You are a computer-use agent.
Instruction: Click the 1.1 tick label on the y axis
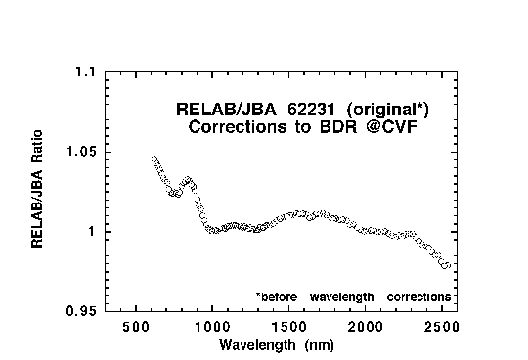pos(85,71)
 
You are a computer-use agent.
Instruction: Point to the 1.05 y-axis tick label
pos(81,152)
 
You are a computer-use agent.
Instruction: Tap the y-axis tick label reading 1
pos(92,232)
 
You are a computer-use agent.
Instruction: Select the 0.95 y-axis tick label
pos(81,311)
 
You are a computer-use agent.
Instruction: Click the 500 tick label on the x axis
pos(136,327)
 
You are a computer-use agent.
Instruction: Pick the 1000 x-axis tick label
pos(212,327)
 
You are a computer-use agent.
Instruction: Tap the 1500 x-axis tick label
pos(289,327)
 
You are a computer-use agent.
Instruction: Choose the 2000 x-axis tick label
pos(366,327)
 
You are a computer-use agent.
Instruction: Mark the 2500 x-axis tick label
pos(442,327)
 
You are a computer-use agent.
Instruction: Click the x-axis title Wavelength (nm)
pos(277,345)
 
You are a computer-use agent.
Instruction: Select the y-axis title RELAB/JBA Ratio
pos(37,189)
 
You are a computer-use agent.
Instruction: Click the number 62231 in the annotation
pos(312,110)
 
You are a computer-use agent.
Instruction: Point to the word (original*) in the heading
pos(387,110)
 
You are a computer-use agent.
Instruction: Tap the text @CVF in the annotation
pos(392,127)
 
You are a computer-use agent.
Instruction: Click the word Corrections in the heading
pos(238,127)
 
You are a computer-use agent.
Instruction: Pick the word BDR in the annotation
pos(337,127)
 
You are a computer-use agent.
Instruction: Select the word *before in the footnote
pos(277,297)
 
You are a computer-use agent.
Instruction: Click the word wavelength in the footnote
pos(342,297)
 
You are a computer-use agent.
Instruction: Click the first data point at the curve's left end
pos(154,158)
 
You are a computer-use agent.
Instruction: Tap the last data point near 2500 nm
pos(446,265)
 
